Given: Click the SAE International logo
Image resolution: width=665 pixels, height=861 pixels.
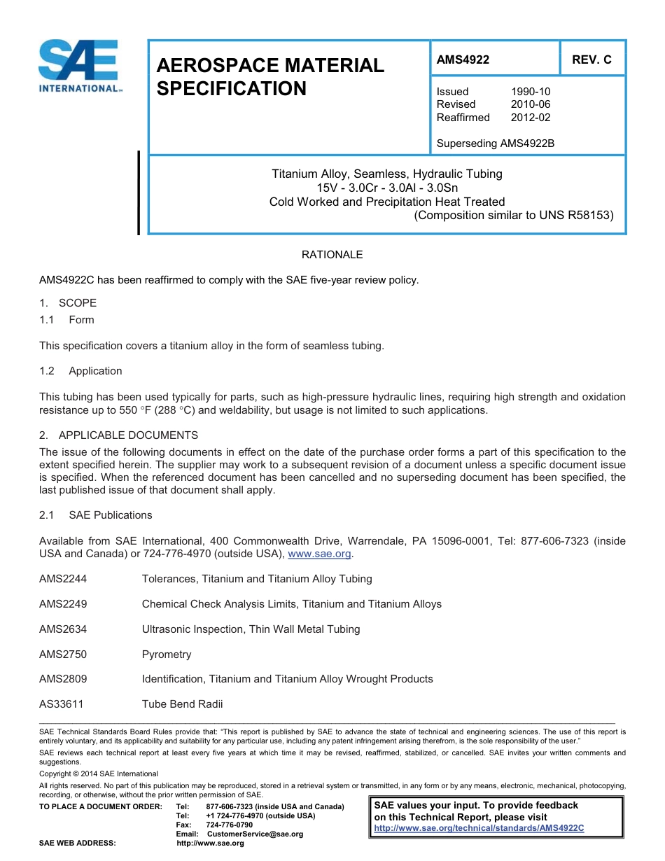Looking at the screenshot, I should point(79,66).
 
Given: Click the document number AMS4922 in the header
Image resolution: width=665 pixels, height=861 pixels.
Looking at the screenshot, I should point(463,60).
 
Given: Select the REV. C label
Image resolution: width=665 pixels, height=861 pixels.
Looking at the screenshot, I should point(591,60).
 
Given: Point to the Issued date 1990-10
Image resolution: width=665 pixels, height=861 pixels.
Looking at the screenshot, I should point(531,92).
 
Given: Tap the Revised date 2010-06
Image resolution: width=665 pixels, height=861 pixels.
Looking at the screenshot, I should point(531,104).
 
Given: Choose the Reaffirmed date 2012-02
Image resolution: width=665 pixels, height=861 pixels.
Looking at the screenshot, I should point(531,118).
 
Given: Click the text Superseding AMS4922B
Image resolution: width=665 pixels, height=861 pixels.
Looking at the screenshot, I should point(495,143).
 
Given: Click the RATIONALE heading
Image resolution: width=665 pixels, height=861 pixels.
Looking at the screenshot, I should point(332,255).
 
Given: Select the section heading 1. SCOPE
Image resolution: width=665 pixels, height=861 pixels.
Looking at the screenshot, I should point(68,303).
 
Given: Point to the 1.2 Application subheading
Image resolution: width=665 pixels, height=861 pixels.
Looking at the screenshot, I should point(81,371).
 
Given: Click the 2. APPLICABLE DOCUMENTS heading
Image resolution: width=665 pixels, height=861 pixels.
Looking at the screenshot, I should point(119,435).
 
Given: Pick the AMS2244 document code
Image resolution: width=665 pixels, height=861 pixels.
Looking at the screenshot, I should point(63,579).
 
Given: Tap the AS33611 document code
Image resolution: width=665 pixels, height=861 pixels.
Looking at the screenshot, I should point(62,704).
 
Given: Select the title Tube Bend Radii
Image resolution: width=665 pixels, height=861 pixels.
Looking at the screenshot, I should point(182,704).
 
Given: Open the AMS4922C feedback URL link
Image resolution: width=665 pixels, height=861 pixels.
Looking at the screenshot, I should point(479,828).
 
